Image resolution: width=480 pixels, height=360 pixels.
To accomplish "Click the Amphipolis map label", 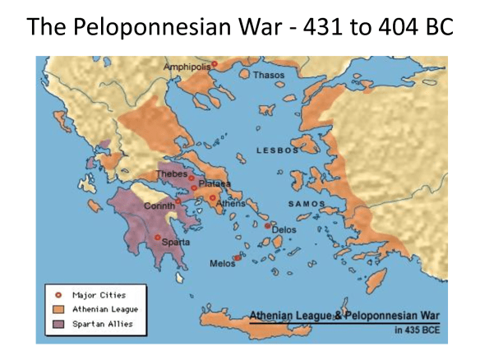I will coord(187,66).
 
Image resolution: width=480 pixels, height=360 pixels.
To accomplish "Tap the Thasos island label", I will coord(269,75).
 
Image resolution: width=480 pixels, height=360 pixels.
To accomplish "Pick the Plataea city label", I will coord(215,184).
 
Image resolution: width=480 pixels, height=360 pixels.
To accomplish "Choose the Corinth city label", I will coord(159,205).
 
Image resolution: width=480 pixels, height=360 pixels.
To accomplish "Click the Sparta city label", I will coord(176,242).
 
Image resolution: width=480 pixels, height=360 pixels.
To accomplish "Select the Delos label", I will coord(284,230).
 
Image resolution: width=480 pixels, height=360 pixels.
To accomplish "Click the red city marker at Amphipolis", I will coord(215,63).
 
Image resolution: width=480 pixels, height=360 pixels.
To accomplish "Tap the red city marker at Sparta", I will coord(158,237).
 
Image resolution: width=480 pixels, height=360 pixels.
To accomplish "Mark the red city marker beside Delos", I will coord(268,224).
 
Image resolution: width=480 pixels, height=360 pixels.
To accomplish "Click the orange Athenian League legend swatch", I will coord(58,308).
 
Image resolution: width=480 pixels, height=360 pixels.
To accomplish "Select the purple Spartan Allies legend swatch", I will coord(58,324).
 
